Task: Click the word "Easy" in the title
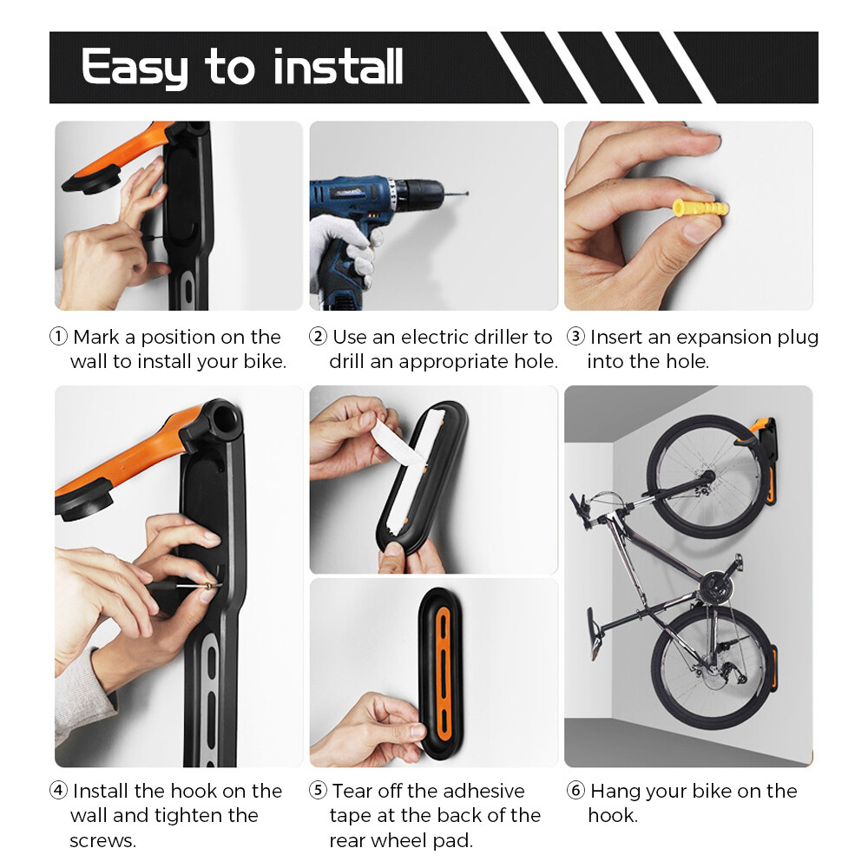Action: tap(134, 68)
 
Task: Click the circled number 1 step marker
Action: tap(58, 338)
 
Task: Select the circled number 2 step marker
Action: tap(318, 338)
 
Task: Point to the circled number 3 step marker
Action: tap(575, 338)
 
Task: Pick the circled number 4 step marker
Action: tap(58, 792)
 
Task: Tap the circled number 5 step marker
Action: tap(318, 792)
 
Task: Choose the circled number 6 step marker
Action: tap(575, 792)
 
